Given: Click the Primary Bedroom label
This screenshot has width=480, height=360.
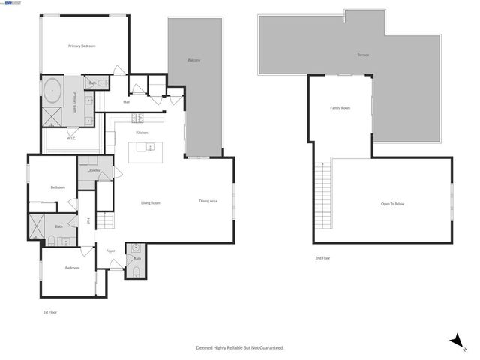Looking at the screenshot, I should click(82, 46).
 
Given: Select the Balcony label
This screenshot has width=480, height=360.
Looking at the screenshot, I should click(193, 60).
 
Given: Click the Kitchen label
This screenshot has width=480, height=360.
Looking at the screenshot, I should click(141, 133).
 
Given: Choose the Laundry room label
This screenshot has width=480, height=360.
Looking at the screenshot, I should click(94, 170).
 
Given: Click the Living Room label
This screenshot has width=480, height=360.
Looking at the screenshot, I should click(151, 202).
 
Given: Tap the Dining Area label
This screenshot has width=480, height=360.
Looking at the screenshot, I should click(208, 201).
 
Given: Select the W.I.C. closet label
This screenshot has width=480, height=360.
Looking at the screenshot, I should click(71, 138).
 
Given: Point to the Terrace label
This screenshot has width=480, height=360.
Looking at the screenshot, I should click(363, 55).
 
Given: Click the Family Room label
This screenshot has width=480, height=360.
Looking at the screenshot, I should click(340, 108).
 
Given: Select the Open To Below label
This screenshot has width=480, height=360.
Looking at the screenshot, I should click(392, 204).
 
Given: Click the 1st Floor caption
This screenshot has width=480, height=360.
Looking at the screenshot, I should click(49, 312).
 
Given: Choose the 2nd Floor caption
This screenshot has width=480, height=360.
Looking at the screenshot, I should click(322, 258).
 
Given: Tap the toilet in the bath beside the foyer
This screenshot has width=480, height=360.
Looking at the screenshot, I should click(136, 271).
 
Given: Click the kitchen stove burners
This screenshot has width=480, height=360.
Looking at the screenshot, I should click(138, 118).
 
